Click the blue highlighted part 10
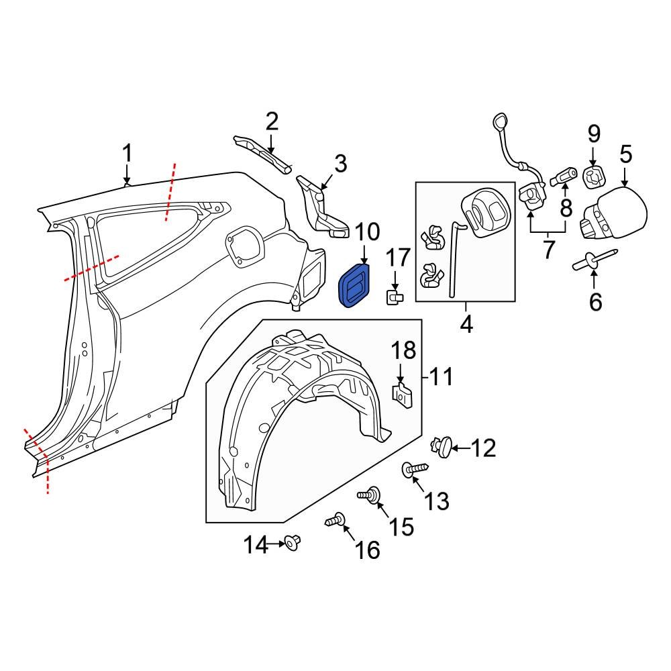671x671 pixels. (x=354, y=287)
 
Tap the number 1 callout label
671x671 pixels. (x=127, y=155)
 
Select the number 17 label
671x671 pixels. (x=397, y=258)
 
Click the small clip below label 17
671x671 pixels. (x=394, y=297)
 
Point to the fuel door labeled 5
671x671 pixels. (x=616, y=214)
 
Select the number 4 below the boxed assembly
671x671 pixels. (x=466, y=325)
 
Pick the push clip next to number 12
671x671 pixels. (x=442, y=446)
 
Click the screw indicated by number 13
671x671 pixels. (x=412, y=470)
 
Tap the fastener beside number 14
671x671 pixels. (x=292, y=541)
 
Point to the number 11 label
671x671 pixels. (x=441, y=377)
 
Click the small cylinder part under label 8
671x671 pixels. (x=563, y=177)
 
